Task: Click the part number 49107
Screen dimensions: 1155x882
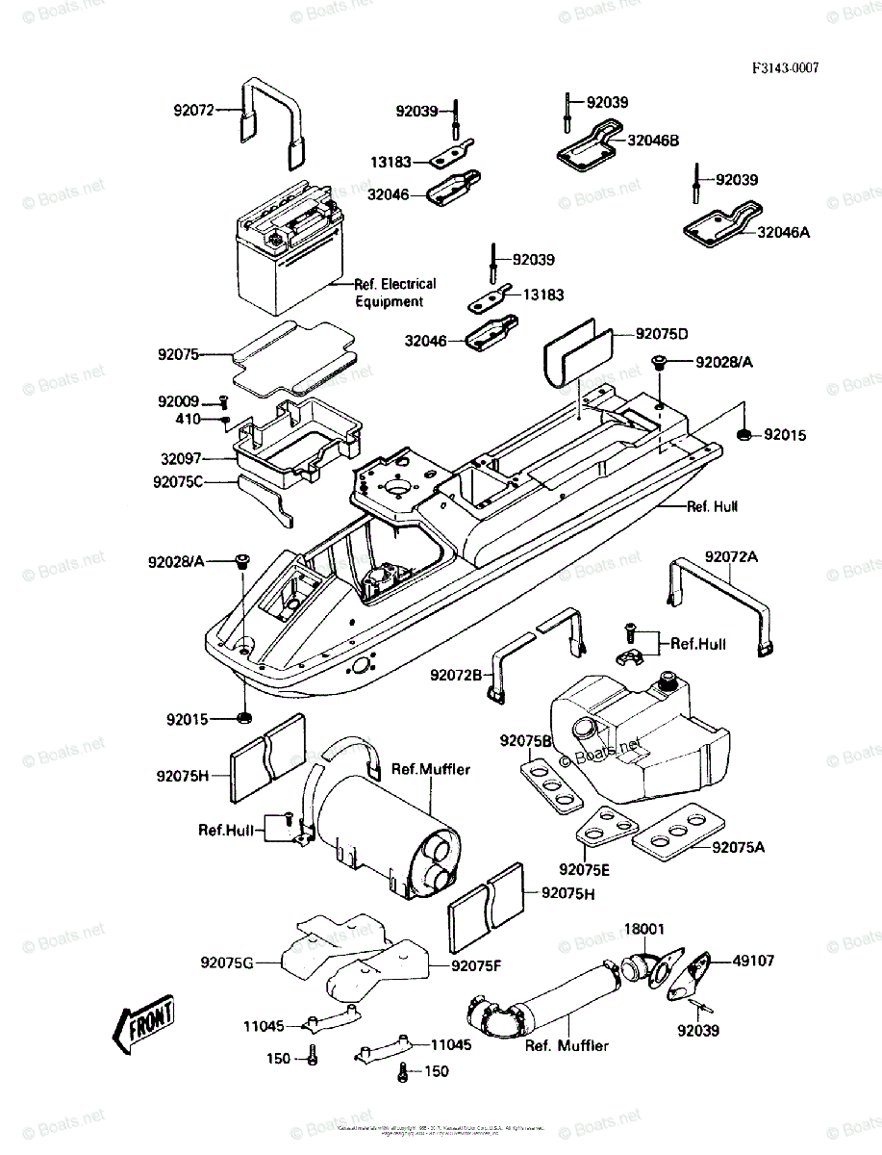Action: pos(753,961)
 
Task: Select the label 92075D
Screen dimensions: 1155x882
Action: pos(662,334)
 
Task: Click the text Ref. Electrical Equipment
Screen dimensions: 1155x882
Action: pos(394,293)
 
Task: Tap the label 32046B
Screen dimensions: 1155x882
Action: pos(653,141)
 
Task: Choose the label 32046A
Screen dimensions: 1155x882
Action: pos(783,232)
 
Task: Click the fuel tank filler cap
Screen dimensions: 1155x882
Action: pos(664,684)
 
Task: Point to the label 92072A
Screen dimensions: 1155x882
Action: pos(731,557)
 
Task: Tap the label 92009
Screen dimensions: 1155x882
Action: pos(179,401)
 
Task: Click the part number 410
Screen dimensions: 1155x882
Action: pos(188,420)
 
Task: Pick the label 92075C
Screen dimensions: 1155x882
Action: pos(178,481)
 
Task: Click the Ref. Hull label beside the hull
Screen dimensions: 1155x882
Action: pos(713,506)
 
